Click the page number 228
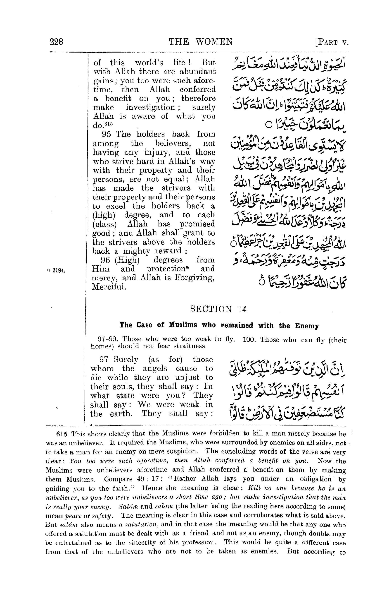57,41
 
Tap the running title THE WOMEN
200,41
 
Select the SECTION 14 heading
218,309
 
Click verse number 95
106,134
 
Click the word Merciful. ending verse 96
109,287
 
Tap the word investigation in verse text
151,107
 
